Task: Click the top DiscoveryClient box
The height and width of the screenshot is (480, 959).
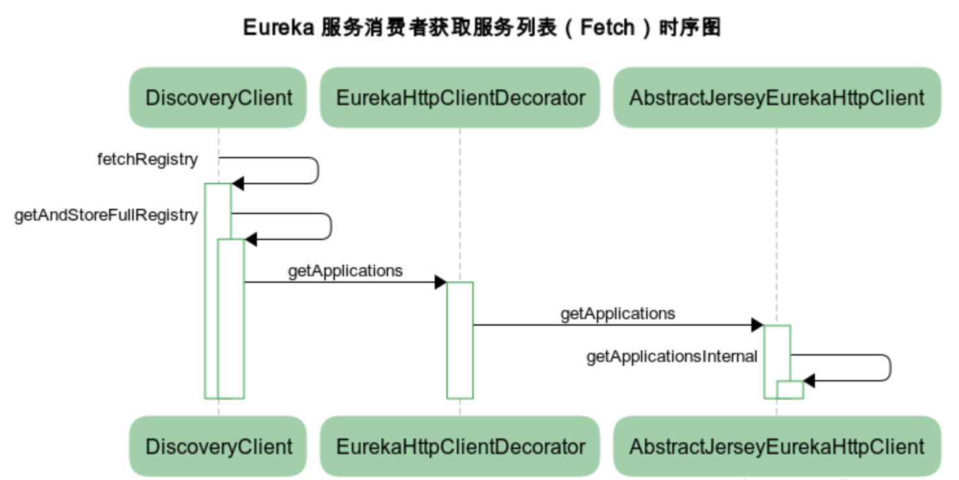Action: [x=218, y=98]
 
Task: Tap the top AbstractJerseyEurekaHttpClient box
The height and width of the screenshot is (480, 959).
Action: [x=777, y=98]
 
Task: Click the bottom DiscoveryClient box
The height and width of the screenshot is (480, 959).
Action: [x=218, y=446]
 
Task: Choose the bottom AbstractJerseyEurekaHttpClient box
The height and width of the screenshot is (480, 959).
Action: [x=777, y=446]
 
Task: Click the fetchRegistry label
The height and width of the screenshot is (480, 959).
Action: [x=147, y=160]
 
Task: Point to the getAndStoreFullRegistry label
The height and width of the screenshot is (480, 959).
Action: [x=106, y=215]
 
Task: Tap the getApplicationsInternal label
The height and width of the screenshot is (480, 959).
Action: [x=672, y=356]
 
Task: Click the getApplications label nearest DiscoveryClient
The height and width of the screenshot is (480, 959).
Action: [x=345, y=270]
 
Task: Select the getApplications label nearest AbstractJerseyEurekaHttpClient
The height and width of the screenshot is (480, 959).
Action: [x=618, y=314]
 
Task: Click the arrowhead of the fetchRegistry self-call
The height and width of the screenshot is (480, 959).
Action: [x=237, y=184]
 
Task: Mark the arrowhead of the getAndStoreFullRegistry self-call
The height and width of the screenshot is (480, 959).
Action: [x=250, y=239]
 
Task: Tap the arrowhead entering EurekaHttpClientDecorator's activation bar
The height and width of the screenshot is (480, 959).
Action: [x=441, y=282]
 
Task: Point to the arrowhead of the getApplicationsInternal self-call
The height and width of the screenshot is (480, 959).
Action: [x=809, y=381]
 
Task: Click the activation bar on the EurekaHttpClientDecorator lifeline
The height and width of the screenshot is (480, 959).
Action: [x=459, y=341]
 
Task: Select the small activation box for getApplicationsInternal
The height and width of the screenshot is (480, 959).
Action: [x=790, y=390]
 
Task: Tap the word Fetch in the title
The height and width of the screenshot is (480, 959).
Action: [x=607, y=28]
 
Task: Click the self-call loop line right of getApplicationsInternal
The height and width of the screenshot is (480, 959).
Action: [x=890, y=368]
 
